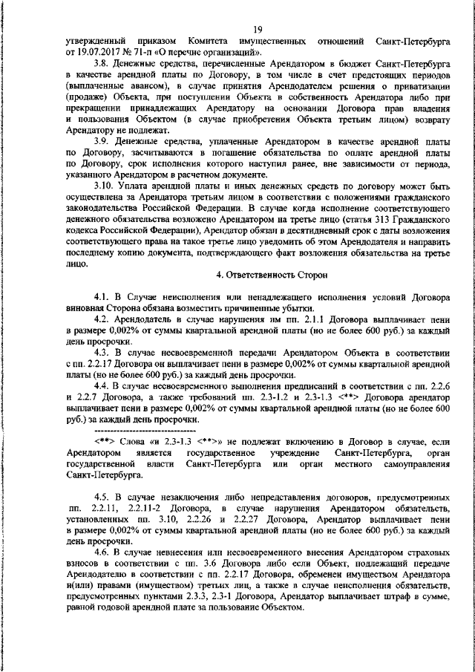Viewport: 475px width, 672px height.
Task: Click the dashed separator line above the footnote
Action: tap(134, 430)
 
